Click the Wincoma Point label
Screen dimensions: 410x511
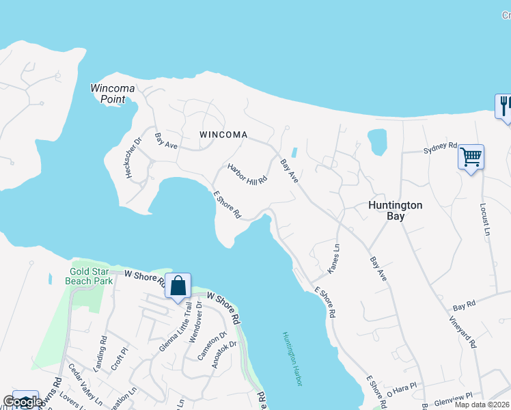(113, 94)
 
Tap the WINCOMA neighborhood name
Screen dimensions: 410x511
(223, 135)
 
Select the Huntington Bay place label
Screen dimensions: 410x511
(396, 210)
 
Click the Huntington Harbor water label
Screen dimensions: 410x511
(291, 359)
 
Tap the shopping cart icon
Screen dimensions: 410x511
(471, 157)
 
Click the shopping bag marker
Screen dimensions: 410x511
(178, 286)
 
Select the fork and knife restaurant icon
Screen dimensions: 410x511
(504, 106)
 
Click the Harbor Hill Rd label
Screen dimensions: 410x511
(247, 173)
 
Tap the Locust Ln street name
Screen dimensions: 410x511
(486, 219)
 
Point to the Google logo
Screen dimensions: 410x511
(22, 402)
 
